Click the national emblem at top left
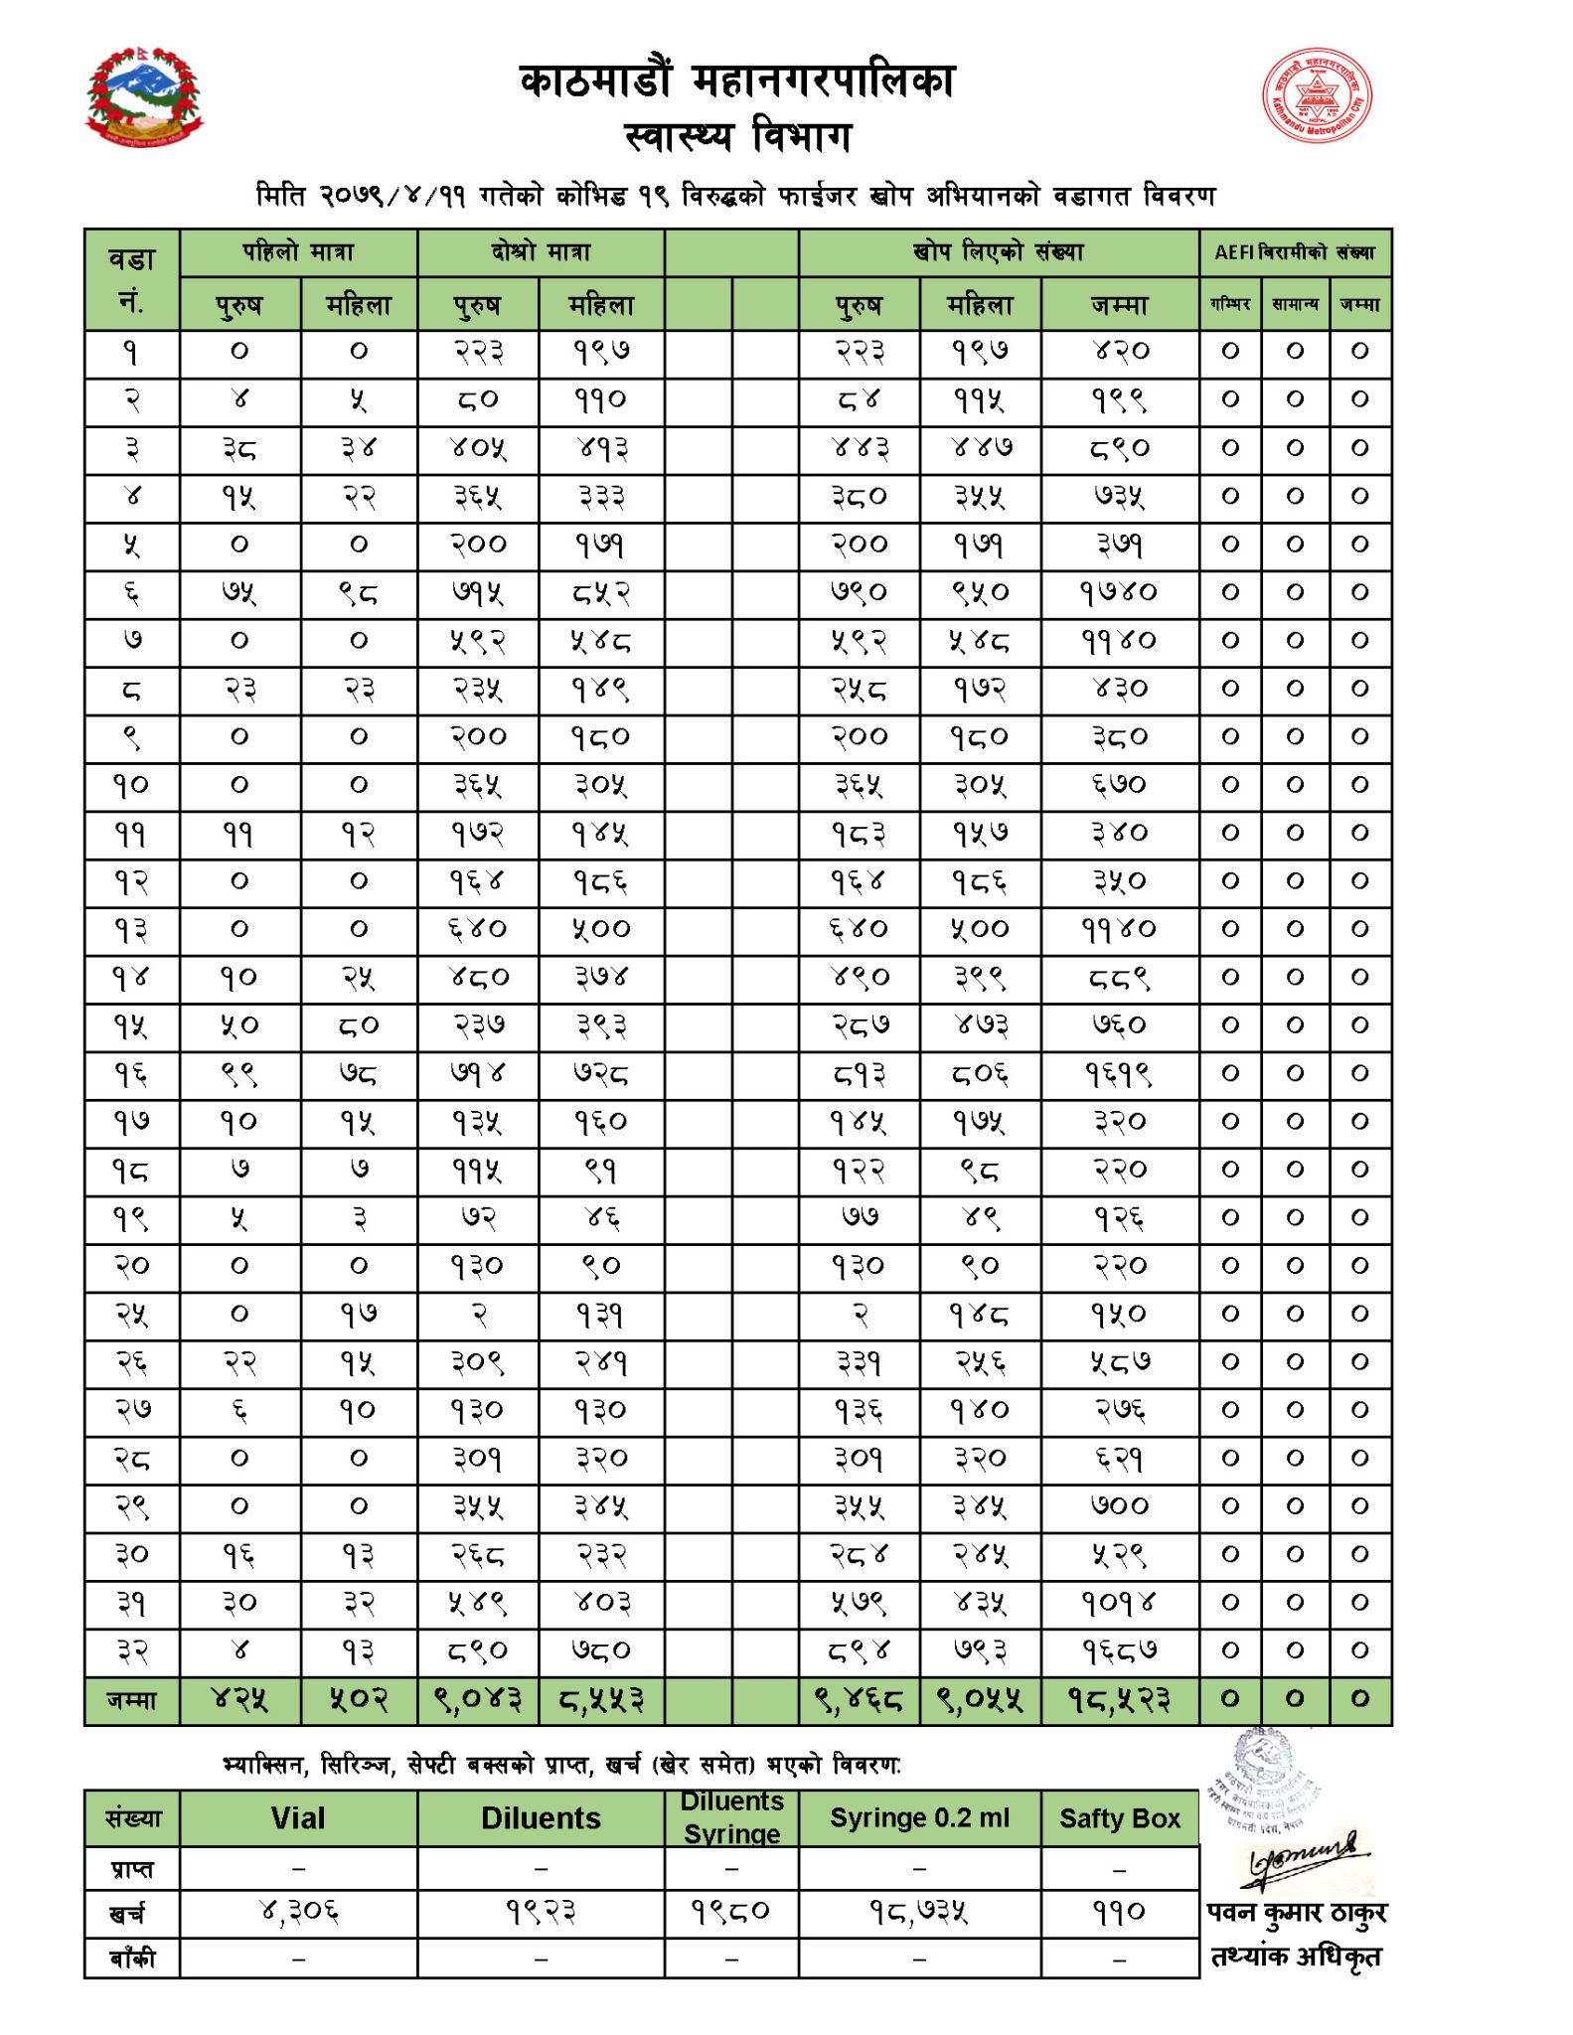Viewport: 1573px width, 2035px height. (144, 97)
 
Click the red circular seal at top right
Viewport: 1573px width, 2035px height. (1317, 96)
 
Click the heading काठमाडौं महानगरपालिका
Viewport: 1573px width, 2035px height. (736, 81)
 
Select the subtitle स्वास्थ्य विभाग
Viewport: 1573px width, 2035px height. (737, 136)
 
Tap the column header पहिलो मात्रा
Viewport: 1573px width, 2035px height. (298, 252)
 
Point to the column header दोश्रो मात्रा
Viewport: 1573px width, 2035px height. (541, 252)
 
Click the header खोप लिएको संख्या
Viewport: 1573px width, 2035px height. (998, 252)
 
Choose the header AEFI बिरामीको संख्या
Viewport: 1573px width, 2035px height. (1294, 252)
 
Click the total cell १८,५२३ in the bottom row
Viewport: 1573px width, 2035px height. (1119, 1700)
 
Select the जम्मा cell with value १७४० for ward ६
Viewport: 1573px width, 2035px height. (1119, 593)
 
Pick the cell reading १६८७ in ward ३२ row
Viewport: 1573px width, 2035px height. (1119, 1651)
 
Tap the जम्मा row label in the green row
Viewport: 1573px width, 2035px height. (131, 1700)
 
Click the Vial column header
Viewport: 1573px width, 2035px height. (298, 1818)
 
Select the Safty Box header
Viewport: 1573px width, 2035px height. (1119, 1818)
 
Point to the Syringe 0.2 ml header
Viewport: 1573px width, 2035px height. (919, 1818)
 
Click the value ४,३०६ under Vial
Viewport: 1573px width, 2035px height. (298, 1912)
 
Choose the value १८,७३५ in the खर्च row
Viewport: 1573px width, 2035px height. (919, 1912)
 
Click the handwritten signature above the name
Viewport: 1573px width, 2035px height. (1303, 1859)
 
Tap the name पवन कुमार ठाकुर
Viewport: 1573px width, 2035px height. (1296, 1913)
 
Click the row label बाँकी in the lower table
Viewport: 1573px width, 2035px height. (131, 1958)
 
